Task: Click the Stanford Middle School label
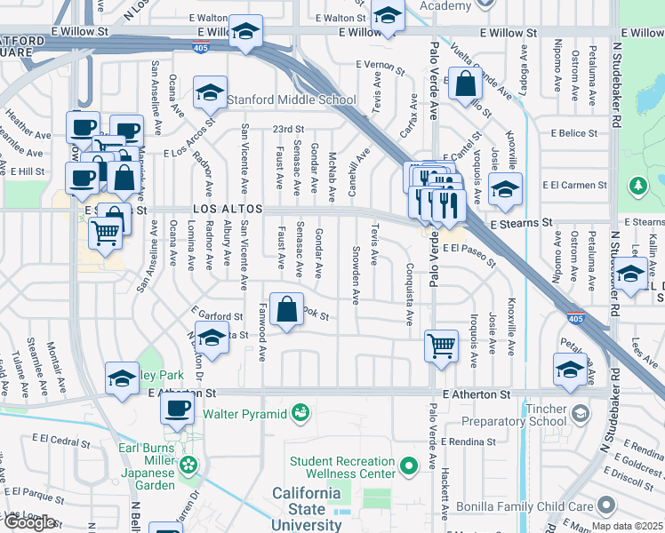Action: point(292,99)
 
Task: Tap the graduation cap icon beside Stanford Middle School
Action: point(211,93)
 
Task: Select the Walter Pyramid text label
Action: point(245,413)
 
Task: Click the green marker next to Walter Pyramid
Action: point(301,413)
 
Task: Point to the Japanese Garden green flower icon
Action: point(188,465)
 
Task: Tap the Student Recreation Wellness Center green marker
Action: point(409,465)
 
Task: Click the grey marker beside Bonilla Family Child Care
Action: point(606,505)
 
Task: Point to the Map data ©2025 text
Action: point(628,526)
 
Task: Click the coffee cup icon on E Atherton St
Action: point(177,410)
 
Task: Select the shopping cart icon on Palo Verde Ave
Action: point(442,345)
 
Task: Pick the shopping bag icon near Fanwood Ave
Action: point(288,311)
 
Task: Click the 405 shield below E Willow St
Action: point(204,44)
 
